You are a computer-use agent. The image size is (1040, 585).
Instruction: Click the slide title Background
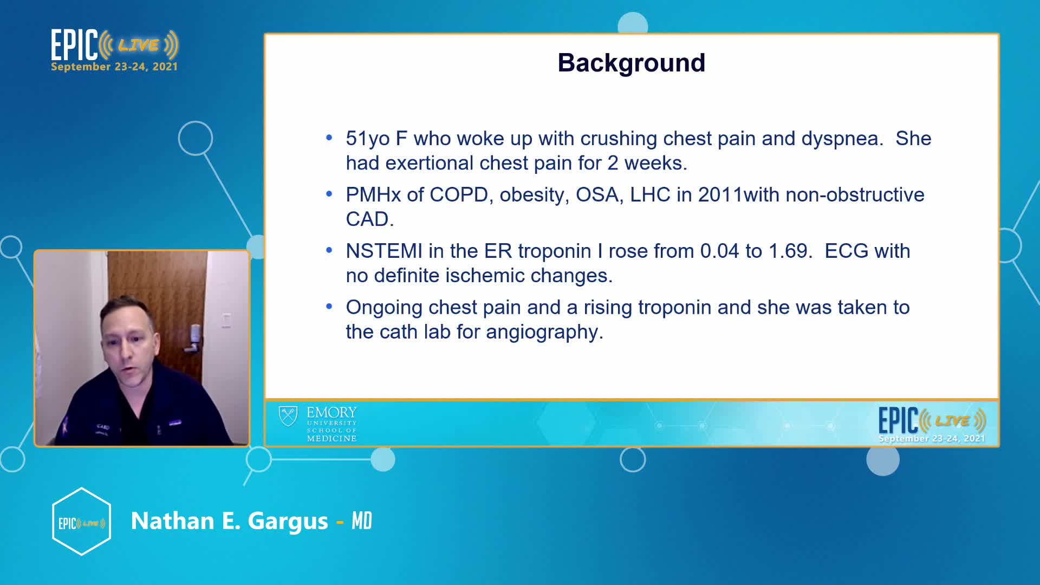click(x=631, y=63)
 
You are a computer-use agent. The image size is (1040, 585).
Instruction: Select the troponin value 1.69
click(x=790, y=251)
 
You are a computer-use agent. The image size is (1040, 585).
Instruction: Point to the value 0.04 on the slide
click(x=719, y=251)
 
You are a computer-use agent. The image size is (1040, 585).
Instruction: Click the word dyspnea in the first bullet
click(x=842, y=139)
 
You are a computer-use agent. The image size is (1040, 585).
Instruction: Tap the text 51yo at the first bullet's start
click(x=368, y=139)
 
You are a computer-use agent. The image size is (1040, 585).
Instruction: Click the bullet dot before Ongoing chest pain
click(x=329, y=307)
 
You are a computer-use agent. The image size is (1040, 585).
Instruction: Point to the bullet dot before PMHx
click(x=329, y=194)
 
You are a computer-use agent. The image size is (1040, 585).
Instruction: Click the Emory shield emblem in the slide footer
click(x=288, y=417)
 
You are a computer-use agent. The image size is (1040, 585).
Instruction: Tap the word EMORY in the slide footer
click(x=331, y=413)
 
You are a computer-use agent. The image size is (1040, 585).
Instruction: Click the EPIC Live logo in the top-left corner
click(x=114, y=50)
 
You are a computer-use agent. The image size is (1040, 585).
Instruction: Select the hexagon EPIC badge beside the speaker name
click(x=81, y=522)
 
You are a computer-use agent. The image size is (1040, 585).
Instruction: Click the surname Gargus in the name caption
click(x=288, y=522)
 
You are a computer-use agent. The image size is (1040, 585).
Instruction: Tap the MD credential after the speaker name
click(x=362, y=521)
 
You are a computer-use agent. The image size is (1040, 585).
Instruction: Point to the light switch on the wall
click(x=226, y=320)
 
